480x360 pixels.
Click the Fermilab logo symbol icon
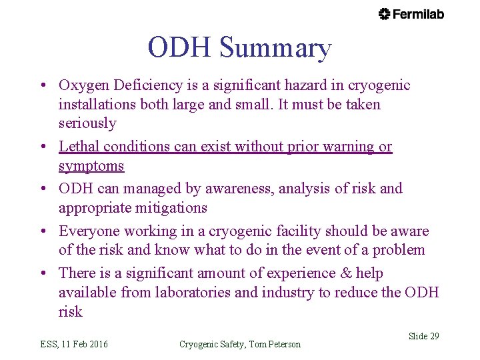pos(385,14)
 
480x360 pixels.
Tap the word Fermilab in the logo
pos(418,14)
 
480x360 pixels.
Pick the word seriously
pos(87,123)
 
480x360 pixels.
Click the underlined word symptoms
pos(91,165)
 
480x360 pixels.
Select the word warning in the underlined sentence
pos(349,146)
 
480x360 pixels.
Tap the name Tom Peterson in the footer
pos(275,344)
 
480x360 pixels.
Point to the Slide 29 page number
pos(424,336)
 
